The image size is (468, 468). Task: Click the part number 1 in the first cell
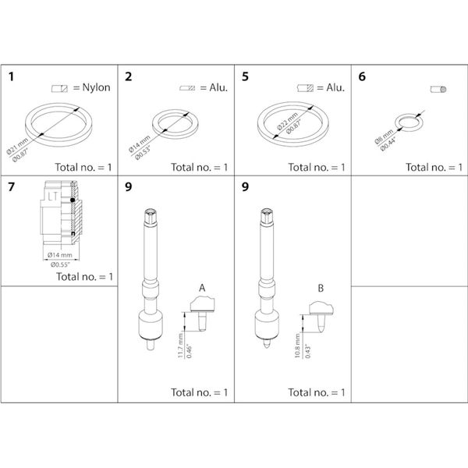point(12,77)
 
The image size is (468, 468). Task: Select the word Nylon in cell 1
point(94,87)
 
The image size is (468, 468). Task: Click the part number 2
point(129,77)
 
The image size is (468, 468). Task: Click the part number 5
point(246,77)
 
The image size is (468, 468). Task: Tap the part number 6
point(362,77)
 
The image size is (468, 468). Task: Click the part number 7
point(12,188)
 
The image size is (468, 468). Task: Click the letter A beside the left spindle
point(201,288)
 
